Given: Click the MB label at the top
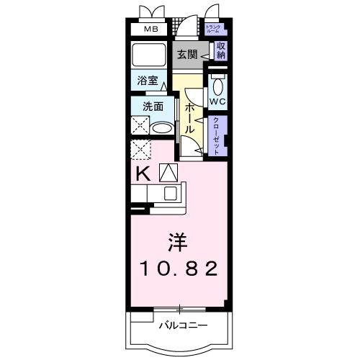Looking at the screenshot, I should pos(150,30).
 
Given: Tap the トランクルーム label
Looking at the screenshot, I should pos(214,30).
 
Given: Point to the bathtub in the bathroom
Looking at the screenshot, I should pos(149,55).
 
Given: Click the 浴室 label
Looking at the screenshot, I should pos(144,82).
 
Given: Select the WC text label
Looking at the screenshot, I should pos(218,102).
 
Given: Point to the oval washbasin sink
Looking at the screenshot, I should pos(163,129).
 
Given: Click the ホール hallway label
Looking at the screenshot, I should pos(189,117).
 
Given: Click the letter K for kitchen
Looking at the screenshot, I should pos(143,172).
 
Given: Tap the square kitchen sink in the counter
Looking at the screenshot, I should pos(172,193).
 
